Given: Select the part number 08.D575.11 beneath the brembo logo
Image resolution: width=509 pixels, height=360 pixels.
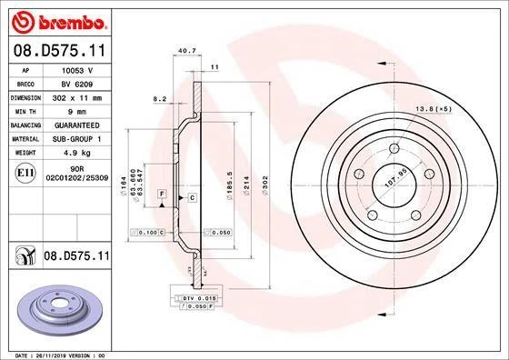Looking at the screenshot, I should coord(57,51).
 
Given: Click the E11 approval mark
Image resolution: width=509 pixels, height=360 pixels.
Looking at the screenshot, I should coord(26,172).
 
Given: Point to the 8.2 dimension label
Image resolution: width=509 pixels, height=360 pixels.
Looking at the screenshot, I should coord(160,98).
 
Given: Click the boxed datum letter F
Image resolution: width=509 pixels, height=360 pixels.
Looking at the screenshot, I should coord(162,194).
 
